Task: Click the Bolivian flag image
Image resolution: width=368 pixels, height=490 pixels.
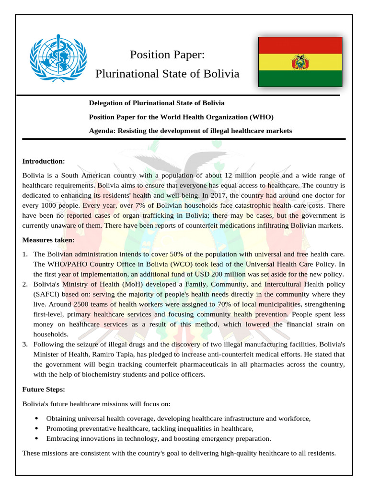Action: click(x=300, y=62)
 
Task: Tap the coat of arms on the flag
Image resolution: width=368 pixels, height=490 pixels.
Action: click(x=300, y=62)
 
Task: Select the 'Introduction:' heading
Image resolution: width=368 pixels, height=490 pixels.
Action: click(x=44, y=161)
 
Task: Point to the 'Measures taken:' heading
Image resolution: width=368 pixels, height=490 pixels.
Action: click(x=48, y=240)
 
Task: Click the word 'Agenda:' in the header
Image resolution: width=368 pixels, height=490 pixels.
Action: click(x=103, y=131)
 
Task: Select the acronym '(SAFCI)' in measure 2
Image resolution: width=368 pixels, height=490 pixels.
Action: click(x=46, y=294)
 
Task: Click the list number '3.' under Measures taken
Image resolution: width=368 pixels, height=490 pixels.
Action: click(x=25, y=345)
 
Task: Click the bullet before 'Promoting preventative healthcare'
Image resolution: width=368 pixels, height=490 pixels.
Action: click(x=37, y=429)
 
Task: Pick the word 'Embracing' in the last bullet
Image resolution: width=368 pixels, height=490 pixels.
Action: click(x=61, y=438)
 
